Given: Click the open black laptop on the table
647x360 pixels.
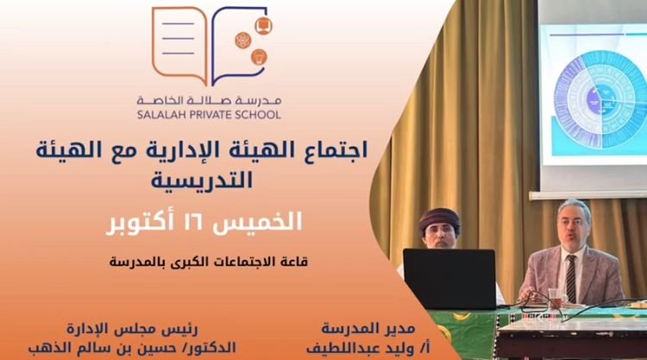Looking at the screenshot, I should pos(449,278).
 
